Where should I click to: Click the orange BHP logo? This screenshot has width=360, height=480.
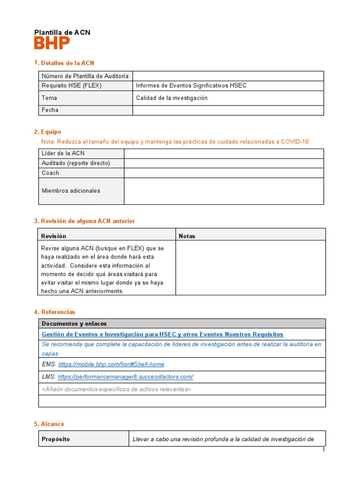point(52,44)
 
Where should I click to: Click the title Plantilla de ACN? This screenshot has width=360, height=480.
point(62,32)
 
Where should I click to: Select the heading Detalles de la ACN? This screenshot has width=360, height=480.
point(67,63)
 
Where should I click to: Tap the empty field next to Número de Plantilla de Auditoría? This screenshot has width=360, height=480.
point(228,76)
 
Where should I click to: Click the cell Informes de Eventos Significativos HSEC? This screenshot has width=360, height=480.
point(191,86)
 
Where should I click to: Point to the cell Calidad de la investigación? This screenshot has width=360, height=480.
point(172,98)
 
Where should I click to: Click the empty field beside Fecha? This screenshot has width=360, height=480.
point(228,110)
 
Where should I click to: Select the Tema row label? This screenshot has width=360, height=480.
point(49,98)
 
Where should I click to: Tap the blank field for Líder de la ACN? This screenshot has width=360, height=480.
point(224,154)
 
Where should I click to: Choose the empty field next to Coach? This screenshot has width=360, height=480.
point(224,173)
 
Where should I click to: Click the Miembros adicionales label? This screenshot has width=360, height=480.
point(71,191)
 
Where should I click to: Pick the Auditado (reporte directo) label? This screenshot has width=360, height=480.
point(75,163)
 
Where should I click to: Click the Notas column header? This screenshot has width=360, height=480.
point(187,236)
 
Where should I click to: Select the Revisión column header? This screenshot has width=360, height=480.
point(54,236)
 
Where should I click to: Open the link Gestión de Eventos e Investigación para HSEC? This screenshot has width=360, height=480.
point(163,334)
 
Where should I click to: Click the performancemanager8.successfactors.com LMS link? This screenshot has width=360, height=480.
point(125,377)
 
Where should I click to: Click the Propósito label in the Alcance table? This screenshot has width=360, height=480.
point(56,439)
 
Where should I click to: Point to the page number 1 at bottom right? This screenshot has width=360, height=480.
point(323,450)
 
